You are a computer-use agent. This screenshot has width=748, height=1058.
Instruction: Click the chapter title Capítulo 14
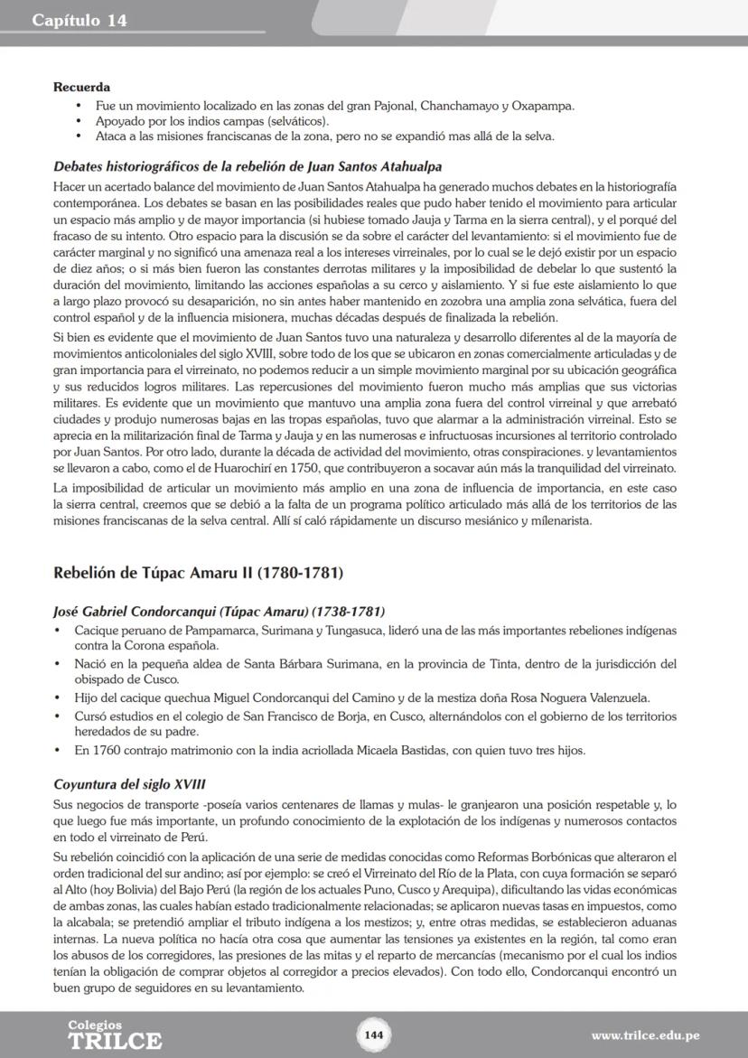coord(79,20)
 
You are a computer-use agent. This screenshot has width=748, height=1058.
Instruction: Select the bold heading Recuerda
coord(81,88)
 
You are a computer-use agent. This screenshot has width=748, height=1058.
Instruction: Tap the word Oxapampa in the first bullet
coord(543,106)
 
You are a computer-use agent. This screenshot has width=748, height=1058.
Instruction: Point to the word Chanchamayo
coord(455,106)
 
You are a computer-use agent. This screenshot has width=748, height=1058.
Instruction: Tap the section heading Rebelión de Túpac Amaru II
coord(198,573)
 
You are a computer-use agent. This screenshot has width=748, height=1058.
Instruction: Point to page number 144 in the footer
coord(374,1035)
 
